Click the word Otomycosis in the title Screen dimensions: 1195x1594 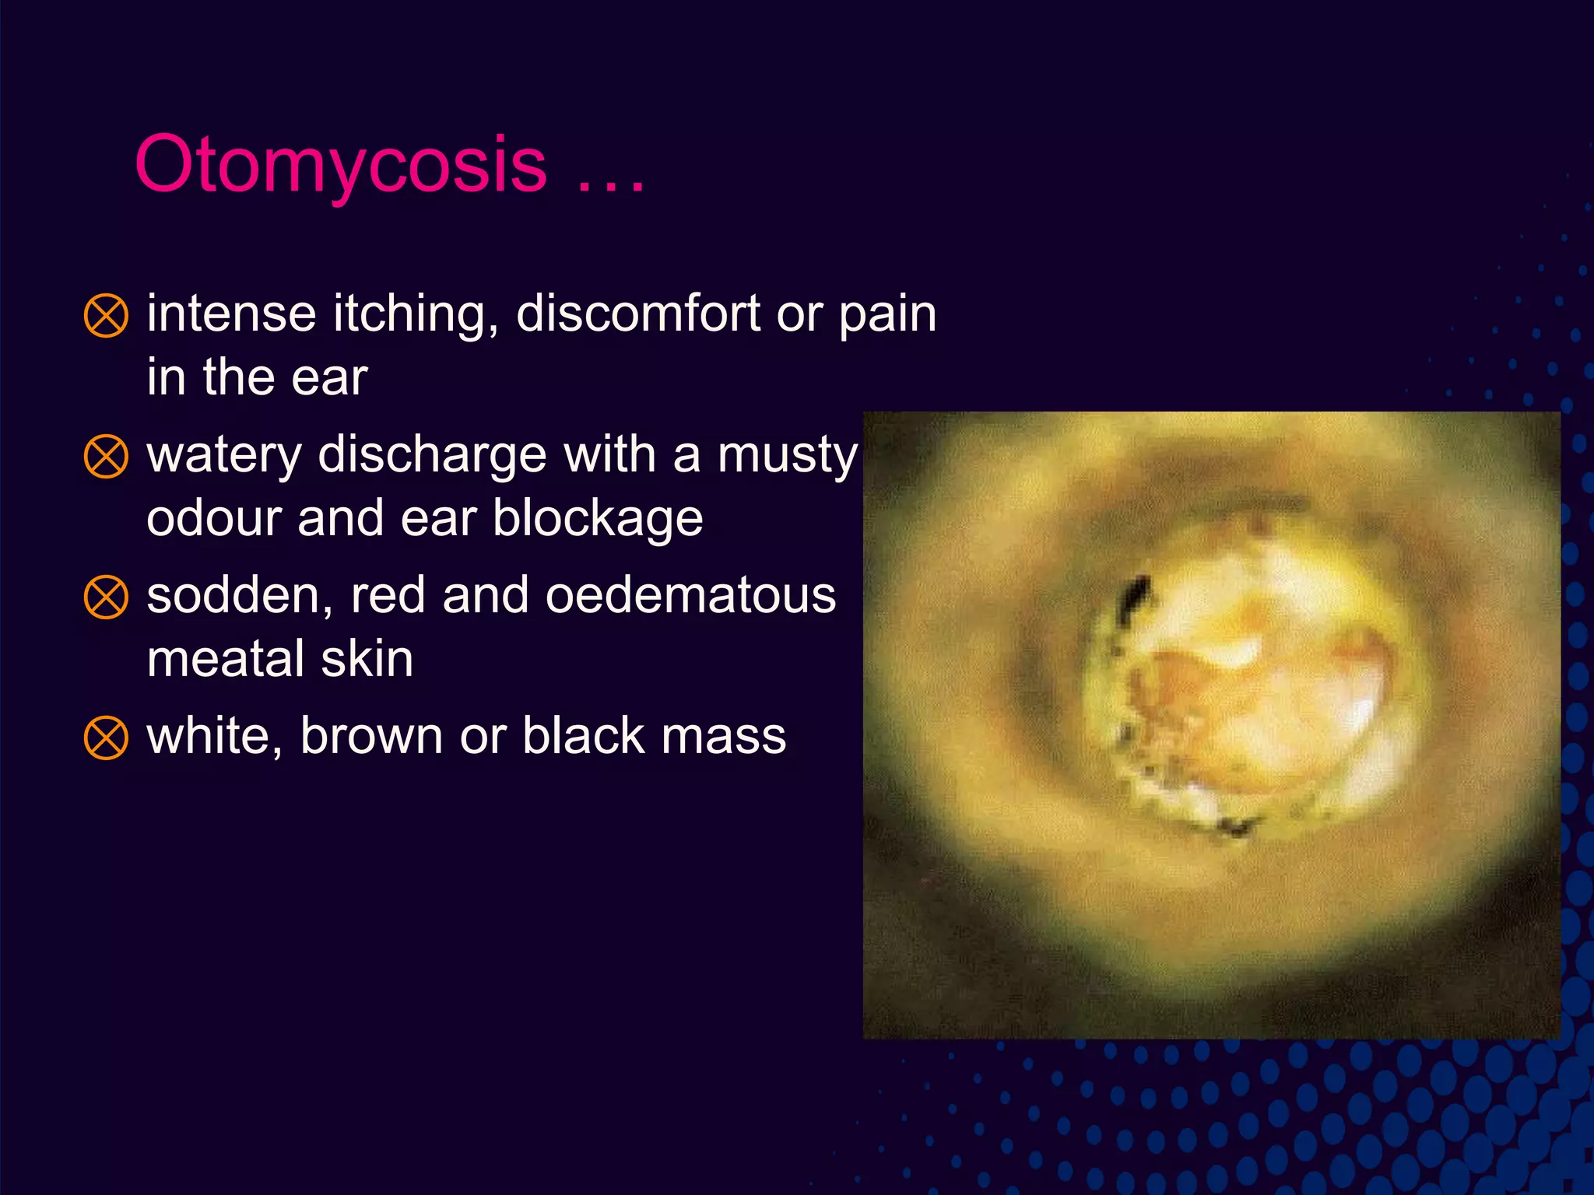tap(341, 165)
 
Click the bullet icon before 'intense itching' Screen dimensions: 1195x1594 tap(106, 316)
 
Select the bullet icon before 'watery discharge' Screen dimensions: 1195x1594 tap(106, 457)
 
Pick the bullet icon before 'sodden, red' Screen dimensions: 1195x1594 tap(106, 597)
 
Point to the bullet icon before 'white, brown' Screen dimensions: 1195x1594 tap(106, 738)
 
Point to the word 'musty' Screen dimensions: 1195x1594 tap(787, 456)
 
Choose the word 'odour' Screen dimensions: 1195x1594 tap(213, 519)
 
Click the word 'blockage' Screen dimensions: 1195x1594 tap(598, 519)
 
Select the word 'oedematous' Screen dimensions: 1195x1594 tap(690, 596)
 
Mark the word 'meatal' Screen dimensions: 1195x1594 tap(226, 660)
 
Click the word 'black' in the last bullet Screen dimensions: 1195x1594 tap(583, 736)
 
